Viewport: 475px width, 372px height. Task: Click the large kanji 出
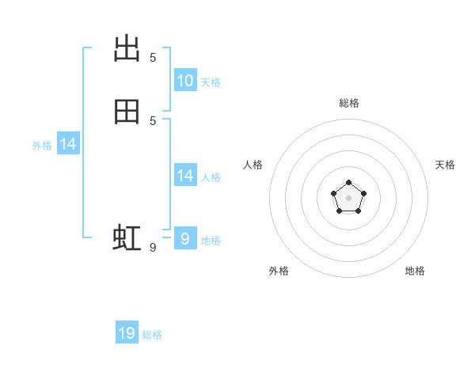click(x=127, y=48)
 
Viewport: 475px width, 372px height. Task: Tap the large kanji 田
click(x=127, y=112)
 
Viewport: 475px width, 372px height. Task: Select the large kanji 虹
click(x=127, y=237)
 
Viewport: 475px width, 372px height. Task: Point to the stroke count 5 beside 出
click(x=153, y=58)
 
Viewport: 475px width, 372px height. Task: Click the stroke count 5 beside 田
click(x=153, y=121)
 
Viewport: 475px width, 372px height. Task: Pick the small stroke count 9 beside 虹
click(x=153, y=248)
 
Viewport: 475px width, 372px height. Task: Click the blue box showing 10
click(x=185, y=80)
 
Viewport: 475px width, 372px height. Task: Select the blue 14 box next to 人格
click(x=185, y=174)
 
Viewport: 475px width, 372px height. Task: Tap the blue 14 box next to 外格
click(x=68, y=143)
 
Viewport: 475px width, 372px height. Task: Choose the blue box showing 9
click(x=185, y=237)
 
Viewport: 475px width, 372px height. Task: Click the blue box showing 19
click(x=127, y=332)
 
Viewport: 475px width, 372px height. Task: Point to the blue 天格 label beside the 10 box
click(x=211, y=82)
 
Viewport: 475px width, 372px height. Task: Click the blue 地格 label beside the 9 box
click(x=211, y=241)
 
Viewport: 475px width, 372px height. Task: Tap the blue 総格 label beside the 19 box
click(x=152, y=335)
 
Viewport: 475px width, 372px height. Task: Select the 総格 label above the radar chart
click(x=349, y=103)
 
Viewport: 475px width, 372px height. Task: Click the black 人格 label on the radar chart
click(x=253, y=165)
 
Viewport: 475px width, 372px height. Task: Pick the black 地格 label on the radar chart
click(x=415, y=271)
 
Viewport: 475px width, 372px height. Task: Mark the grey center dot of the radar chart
click(x=348, y=198)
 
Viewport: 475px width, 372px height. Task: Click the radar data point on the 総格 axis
click(x=348, y=182)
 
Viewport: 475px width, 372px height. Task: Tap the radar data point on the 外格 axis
click(x=340, y=211)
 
